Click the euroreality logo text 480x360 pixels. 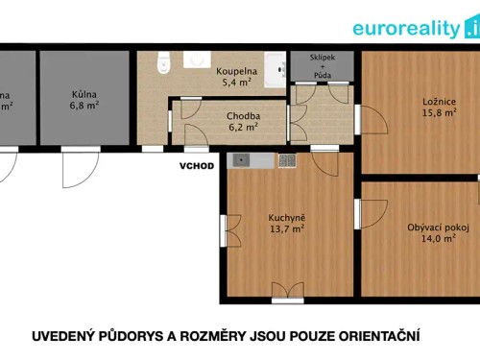[x=408, y=28]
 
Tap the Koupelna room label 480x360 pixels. [x=234, y=71]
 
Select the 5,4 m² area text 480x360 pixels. [x=236, y=84]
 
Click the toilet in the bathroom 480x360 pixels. [x=163, y=61]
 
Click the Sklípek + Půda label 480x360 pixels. [x=322, y=66]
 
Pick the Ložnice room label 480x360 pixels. [x=437, y=102]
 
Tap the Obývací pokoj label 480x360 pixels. [x=438, y=228]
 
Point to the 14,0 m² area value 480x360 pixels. [x=438, y=240]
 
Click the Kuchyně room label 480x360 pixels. [x=287, y=217]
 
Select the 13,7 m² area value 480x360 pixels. [x=287, y=229]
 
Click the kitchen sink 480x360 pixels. [x=241, y=160]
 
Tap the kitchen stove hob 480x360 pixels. [x=287, y=160]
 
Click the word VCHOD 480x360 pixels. [x=196, y=164]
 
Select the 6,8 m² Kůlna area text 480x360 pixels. [x=84, y=107]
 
